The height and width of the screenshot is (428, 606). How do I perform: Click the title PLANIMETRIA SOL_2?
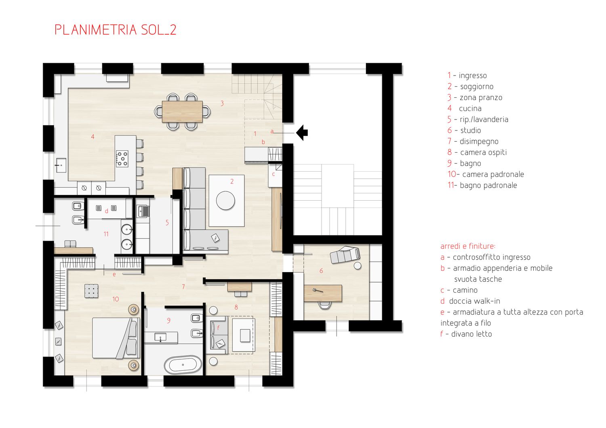[x=116, y=30]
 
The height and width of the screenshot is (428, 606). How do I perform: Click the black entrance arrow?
[x=302, y=133]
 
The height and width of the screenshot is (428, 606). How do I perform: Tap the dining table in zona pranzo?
[x=182, y=112]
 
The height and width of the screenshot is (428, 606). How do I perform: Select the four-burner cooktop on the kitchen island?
[x=122, y=159]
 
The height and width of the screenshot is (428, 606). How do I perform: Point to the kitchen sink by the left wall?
[x=60, y=165]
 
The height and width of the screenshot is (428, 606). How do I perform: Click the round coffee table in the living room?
[x=225, y=200]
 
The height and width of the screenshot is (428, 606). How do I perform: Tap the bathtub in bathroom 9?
[x=183, y=365]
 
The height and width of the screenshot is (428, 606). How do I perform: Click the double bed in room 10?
[x=116, y=338]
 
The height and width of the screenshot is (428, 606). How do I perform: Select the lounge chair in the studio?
[x=345, y=254]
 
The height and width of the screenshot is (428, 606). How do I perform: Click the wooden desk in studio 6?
[x=323, y=293]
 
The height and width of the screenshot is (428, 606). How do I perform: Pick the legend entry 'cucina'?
[x=470, y=109]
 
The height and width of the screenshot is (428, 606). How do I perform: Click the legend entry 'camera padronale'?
[x=493, y=174]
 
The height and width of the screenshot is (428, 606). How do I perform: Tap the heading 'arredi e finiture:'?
[x=468, y=246]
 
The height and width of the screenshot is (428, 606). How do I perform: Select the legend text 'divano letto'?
[x=471, y=334]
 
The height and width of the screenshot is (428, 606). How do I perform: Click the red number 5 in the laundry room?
[x=167, y=222]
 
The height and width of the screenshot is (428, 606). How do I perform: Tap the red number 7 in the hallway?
[x=183, y=287]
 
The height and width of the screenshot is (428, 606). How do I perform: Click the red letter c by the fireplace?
[x=273, y=174]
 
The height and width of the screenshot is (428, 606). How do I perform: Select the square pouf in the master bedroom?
[x=91, y=291]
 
